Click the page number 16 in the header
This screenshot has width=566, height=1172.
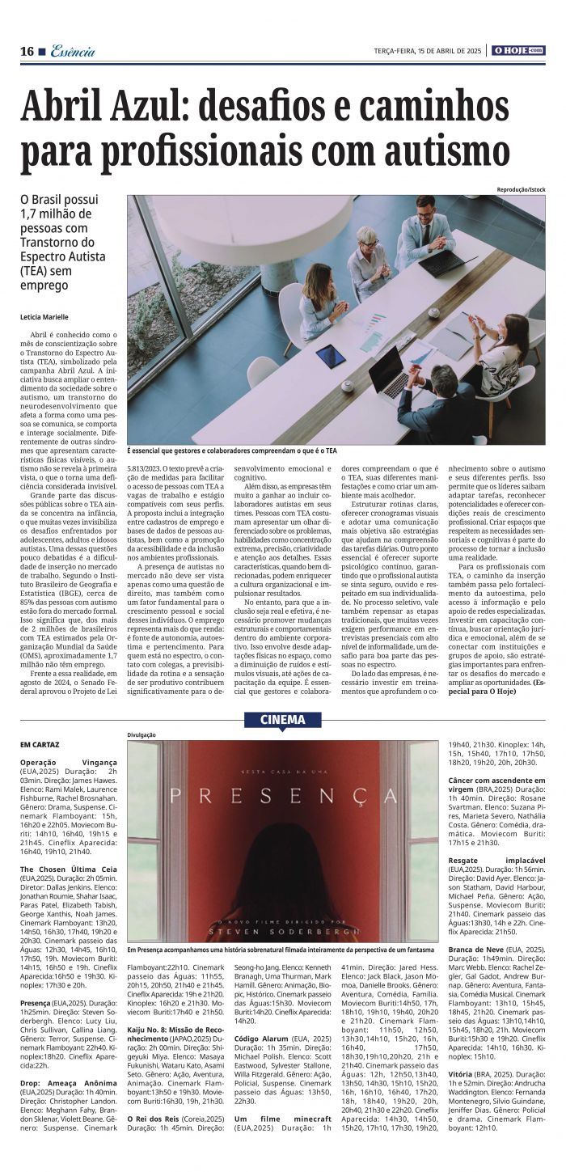point(27,51)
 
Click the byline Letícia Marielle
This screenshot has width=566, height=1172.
point(44,317)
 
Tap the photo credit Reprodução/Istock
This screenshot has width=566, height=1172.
point(522,189)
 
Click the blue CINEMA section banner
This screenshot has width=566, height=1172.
point(283,719)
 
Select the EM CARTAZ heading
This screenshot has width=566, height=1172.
point(40,743)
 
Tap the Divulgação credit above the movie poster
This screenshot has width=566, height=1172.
point(141,734)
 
